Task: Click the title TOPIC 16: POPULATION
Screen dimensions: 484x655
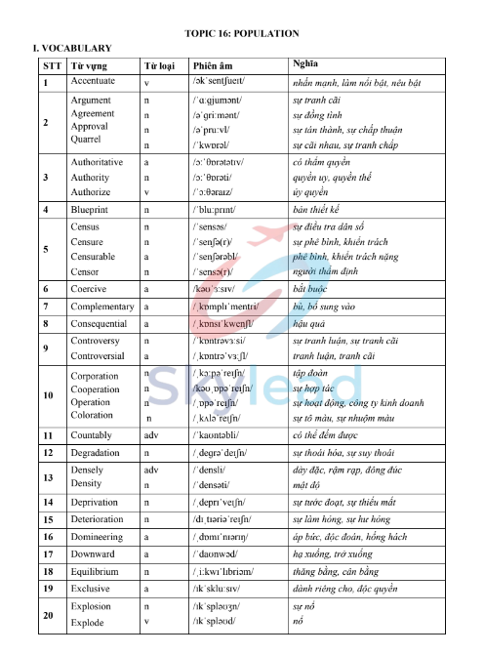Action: coord(241,33)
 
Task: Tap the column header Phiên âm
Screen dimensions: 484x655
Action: coord(214,65)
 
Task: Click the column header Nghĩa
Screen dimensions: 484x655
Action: coord(307,64)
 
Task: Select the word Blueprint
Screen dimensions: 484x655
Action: coord(92,210)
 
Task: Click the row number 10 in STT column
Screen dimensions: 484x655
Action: coord(46,395)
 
